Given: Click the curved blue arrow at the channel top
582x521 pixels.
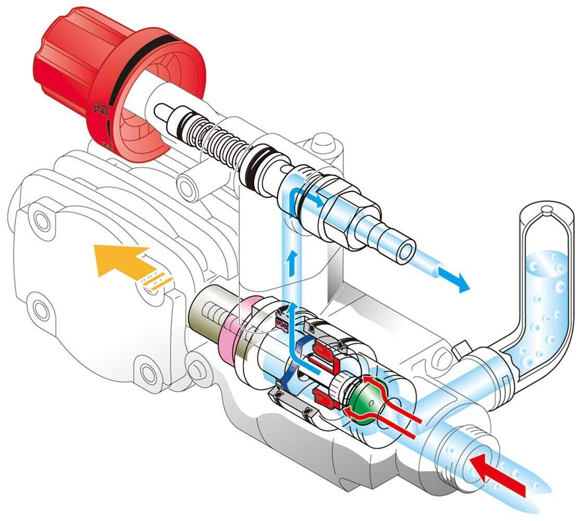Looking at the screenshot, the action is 302,197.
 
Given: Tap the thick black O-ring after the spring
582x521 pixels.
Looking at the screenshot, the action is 255,166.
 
